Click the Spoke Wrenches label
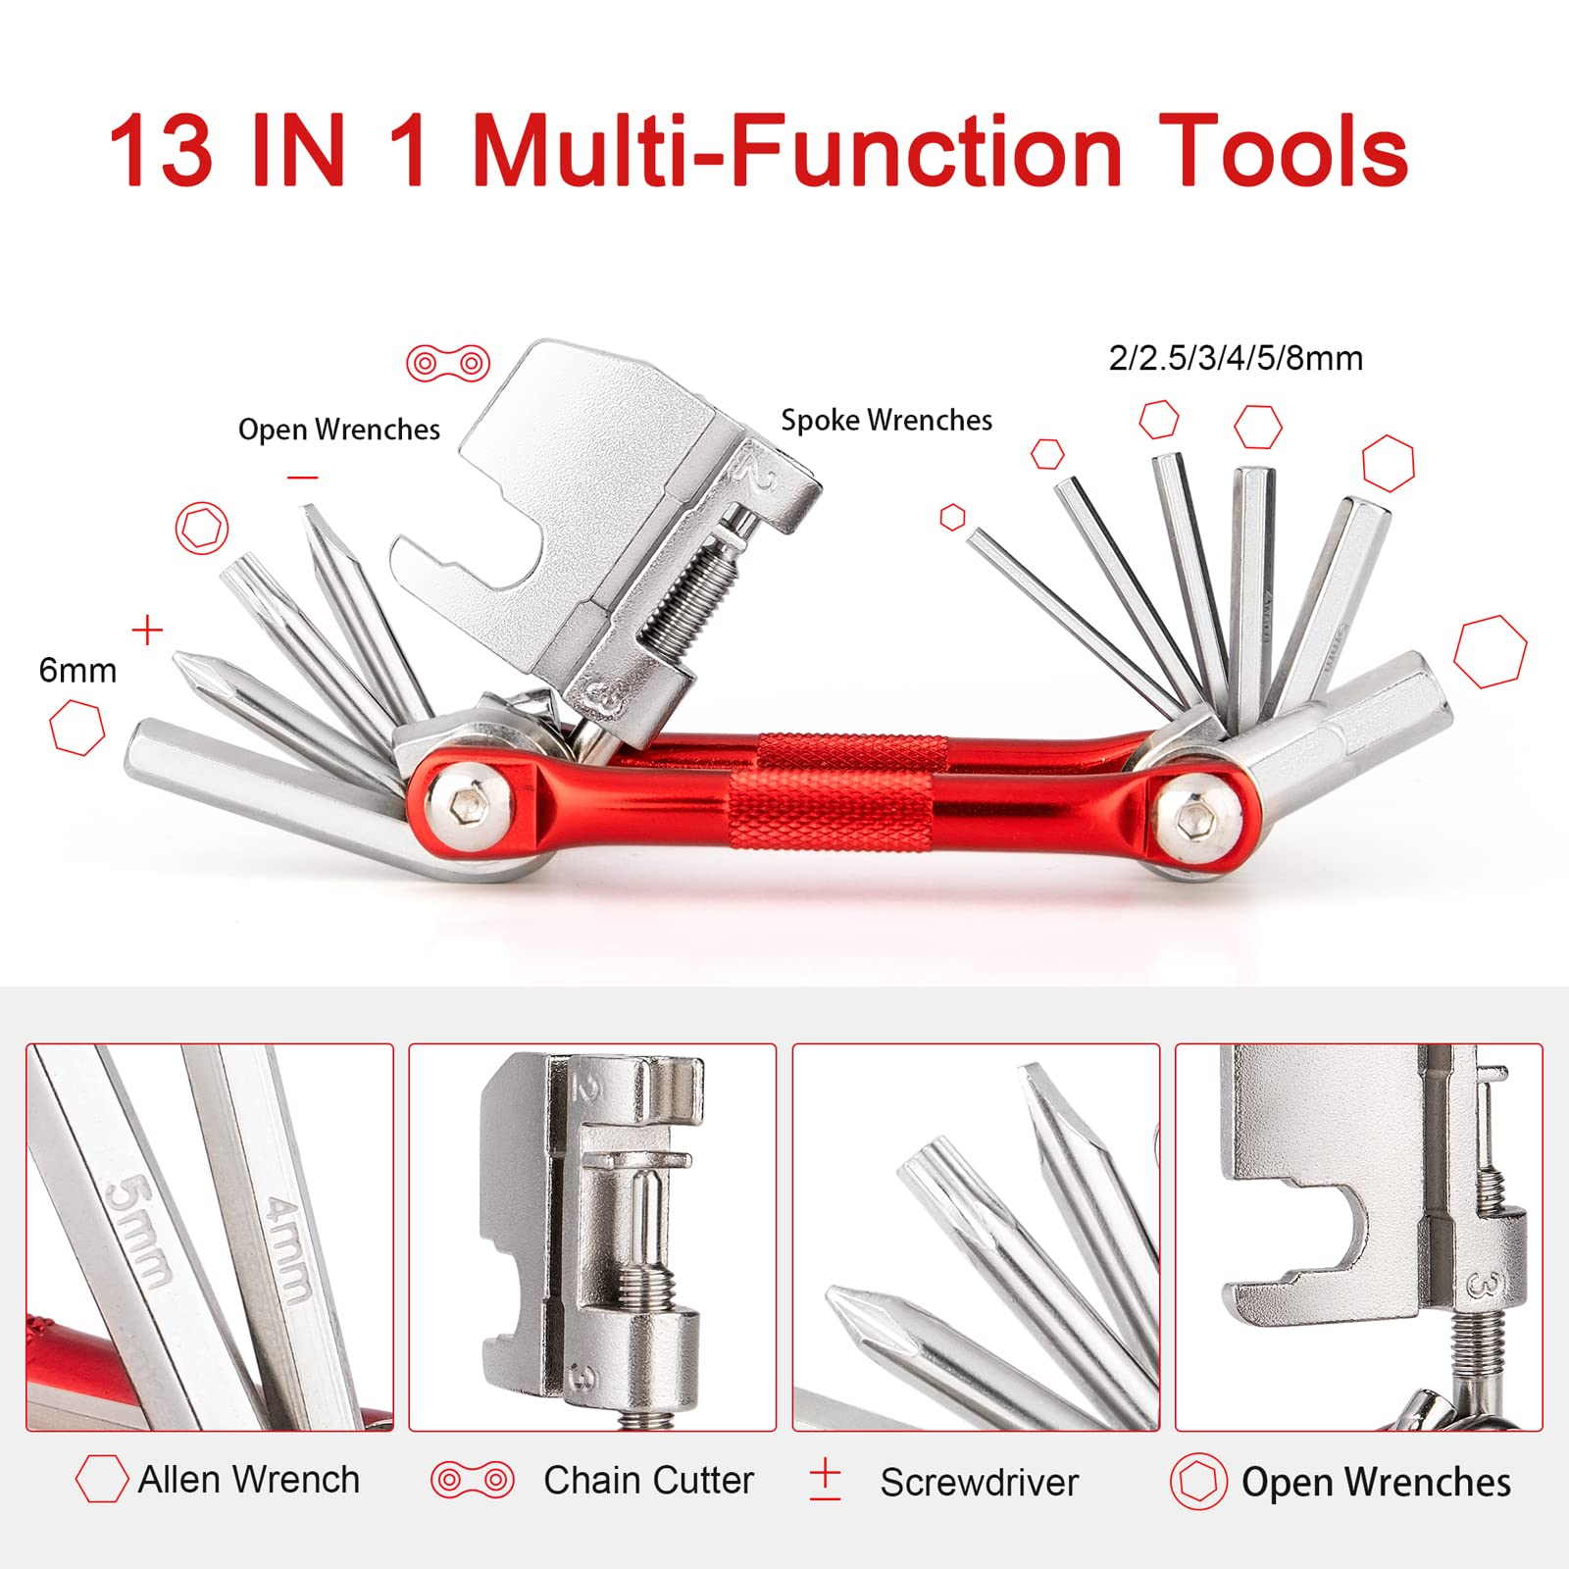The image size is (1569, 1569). coord(886,420)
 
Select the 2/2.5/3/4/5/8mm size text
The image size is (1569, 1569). coord(1236,358)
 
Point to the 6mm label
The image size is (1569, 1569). coord(77,670)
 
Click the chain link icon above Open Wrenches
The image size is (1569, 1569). coord(448,363)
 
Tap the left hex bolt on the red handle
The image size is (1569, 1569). coord(470,807)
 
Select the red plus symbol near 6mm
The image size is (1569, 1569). coord(147,630)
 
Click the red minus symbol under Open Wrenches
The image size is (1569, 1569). coord(303,478)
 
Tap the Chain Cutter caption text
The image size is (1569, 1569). coord(648,1480)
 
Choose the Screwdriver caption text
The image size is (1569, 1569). coord(979,1482)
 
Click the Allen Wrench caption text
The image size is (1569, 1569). coord(248,1479)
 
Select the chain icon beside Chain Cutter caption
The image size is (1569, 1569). coord(472,1479)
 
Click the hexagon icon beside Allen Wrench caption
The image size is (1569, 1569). coord(102,1479)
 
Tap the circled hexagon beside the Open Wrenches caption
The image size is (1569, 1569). coord(1198,1481)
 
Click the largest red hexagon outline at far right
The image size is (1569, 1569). coord(1490,651)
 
